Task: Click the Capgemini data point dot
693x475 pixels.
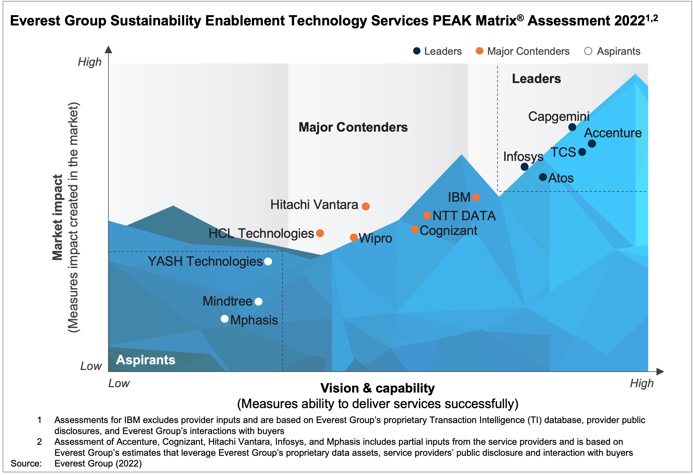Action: click(572, 127)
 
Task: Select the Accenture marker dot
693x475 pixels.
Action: click(592, 144)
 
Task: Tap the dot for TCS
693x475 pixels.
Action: click(582, 152)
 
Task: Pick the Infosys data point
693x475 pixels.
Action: click(524, 167)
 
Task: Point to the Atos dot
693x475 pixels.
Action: click(543, 177)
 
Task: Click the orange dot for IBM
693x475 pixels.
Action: click(476, 197)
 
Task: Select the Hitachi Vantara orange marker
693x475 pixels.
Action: click(366, 206)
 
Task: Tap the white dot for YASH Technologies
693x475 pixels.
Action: click(268, 262)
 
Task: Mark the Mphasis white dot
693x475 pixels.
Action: click(225, 319)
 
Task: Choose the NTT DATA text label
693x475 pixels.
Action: click(464, 216)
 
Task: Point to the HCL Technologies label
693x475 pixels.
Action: click(261, 234)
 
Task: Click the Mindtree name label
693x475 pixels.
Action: click(227, 301)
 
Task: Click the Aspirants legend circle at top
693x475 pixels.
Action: click(588, 51)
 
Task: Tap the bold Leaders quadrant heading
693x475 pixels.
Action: click(536, 79)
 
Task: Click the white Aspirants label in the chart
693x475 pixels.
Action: click(146, 360)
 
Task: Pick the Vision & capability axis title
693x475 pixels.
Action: click(377, 389)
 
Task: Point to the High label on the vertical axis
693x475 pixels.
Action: click(89, 62)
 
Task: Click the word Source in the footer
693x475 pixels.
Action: click(26, 464)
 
